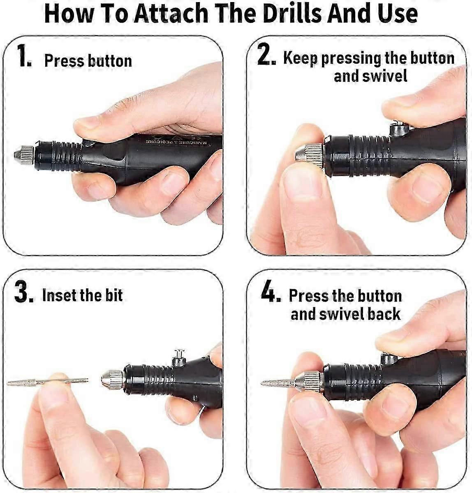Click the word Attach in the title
171,13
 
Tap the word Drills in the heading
291,13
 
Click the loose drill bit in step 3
48,382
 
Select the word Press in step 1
64,61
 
